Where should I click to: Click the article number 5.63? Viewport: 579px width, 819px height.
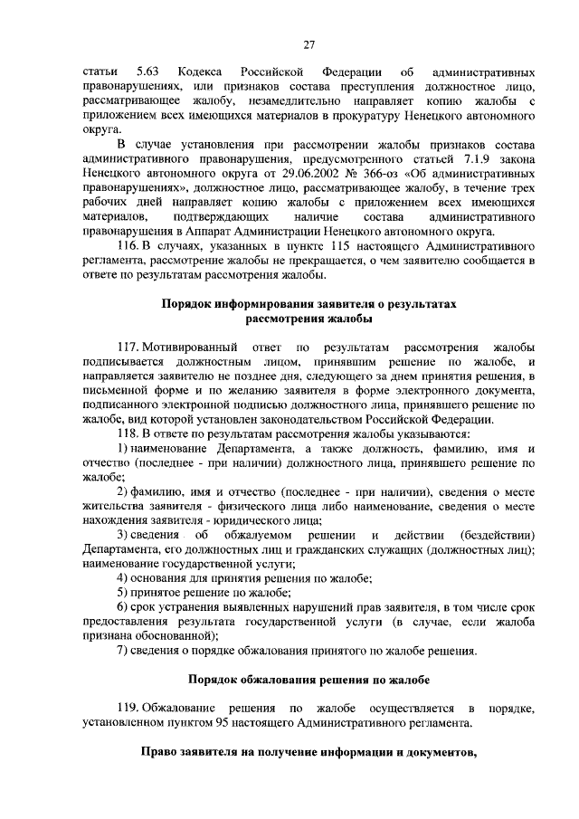click(x=145, y=71)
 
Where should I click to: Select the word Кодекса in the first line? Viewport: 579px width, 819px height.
click(x=201, y=71)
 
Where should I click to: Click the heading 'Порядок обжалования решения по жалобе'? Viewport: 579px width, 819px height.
click(x=308, y=679)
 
